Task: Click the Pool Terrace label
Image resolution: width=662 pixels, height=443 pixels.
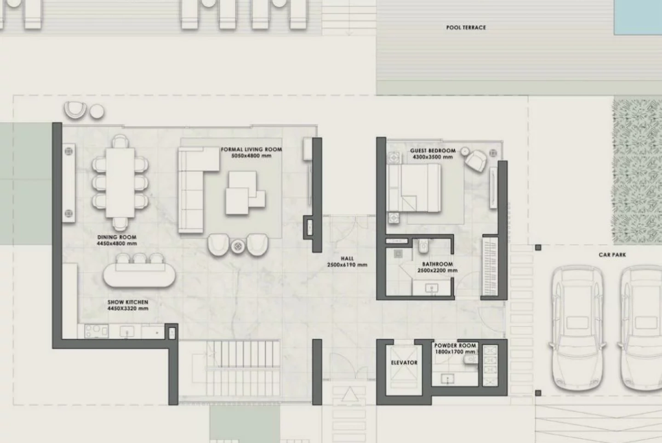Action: [466, 28]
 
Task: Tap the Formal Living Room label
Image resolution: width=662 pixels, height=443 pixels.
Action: [251, 149]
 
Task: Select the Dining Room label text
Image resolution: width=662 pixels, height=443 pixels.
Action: [117, 237]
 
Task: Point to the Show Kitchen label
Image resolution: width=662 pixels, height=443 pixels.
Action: [128, 302]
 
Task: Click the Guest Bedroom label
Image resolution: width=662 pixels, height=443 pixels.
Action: [433, 151]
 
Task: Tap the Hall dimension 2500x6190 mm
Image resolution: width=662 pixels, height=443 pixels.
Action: [347, 265]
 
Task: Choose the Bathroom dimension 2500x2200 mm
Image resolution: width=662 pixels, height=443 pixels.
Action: [437, 270]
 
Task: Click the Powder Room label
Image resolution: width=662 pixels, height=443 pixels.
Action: [455, 345]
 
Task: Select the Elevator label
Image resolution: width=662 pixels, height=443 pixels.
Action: [404, 362]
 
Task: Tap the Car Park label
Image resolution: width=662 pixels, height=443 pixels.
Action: [612, 255]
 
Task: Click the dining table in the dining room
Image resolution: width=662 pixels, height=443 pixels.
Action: [120, 183]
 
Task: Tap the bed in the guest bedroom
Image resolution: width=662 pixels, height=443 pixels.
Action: [414, 188]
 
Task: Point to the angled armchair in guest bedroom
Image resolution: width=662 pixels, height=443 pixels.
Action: [475, 161]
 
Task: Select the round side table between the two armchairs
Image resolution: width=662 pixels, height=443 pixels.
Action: [238, 246]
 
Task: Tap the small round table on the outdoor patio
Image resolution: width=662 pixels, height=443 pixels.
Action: [97, 112]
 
